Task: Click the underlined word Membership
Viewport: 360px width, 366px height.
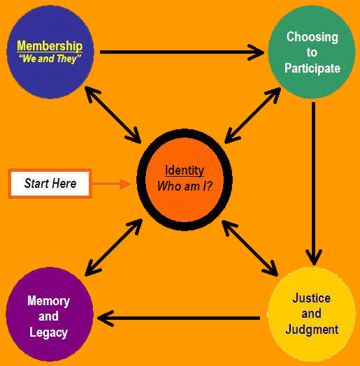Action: [50, 46]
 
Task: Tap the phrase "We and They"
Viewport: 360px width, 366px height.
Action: [50, 59]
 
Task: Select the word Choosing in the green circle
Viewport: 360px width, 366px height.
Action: [312, 37]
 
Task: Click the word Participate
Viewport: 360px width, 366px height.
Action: [312, 68]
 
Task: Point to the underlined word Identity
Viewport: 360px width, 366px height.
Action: [185, 170]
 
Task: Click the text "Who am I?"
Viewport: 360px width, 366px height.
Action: [185, 186]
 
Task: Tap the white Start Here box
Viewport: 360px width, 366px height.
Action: [50, 184]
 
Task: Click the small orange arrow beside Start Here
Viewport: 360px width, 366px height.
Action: [112, 184]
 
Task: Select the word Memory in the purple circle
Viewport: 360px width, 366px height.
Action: [49, 301]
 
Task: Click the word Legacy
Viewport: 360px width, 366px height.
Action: [49, 332]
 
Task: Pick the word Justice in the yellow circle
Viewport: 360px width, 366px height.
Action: [311, 298]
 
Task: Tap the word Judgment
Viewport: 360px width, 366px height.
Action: [312, 330]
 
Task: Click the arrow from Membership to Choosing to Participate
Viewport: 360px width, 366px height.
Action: [182, 52]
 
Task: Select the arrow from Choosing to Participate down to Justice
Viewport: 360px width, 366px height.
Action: [313, 184]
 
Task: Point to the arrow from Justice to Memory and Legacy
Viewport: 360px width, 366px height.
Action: [178, 318]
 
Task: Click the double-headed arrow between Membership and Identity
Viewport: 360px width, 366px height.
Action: [113, 115]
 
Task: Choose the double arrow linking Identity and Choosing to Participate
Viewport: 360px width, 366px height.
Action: [252, 115]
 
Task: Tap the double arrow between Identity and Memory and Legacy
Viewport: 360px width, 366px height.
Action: [114, 247]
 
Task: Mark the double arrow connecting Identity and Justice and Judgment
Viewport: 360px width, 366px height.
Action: [250, 248]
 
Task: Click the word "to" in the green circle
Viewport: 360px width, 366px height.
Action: [312, 53]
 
